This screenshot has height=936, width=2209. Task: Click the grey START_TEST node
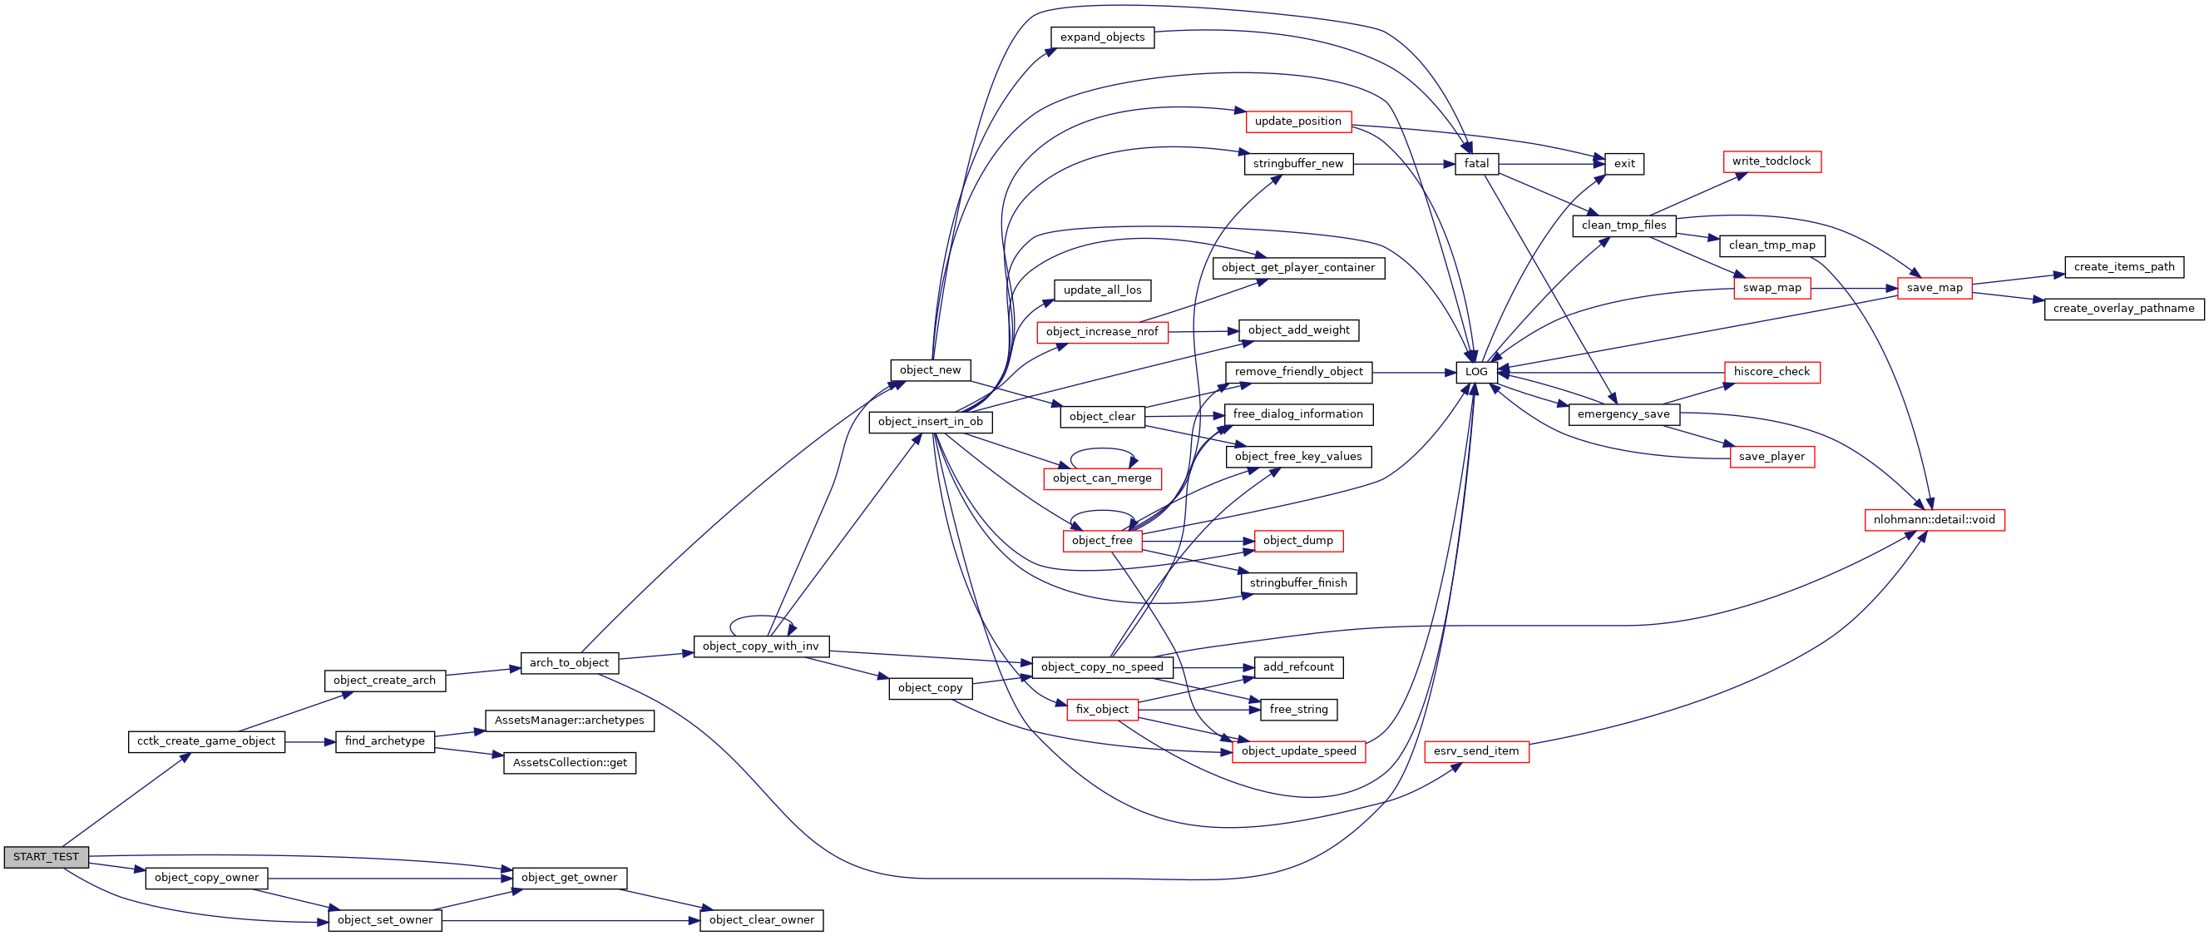tap(46, 857)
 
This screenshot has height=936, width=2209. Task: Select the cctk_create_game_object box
tap(205, 741)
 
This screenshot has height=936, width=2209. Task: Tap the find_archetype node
tap(384, 741)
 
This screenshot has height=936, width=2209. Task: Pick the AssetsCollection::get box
tap(570, 763)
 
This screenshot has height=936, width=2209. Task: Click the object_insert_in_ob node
tap(931, 422)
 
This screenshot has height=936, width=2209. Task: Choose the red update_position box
tap(1297, 121)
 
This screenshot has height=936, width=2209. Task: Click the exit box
tap(1624, 164)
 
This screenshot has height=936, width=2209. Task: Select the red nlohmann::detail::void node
tap(1934, 520)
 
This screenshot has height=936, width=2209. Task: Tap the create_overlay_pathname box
tap(2123, 309)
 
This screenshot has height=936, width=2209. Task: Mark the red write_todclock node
tap(1771, 161)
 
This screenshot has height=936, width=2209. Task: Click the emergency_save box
tap(1623, 414)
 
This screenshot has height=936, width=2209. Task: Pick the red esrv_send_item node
tap(1475, 751)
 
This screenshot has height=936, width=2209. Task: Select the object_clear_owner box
tap(762, 920)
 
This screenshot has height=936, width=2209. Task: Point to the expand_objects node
tap(1102, 37)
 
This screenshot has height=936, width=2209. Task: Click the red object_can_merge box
tap(1102, 478)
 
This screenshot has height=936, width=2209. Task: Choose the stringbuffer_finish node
tap(1297, 583)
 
